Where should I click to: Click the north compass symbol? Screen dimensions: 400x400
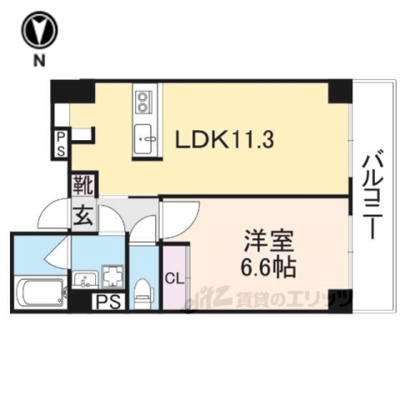tap(39, 31)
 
